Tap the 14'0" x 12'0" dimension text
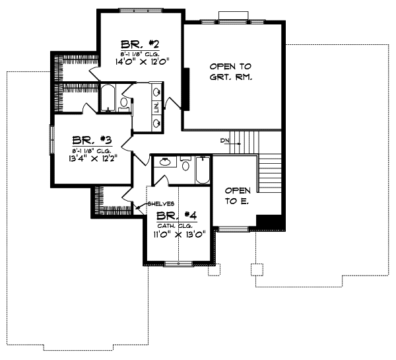143,64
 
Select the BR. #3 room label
92,140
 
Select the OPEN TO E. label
236,195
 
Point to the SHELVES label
161,203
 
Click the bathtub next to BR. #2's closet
108,98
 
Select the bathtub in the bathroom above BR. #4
202,170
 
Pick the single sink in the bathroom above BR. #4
165,161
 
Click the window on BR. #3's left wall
51,140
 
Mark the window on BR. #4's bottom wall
177,264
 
